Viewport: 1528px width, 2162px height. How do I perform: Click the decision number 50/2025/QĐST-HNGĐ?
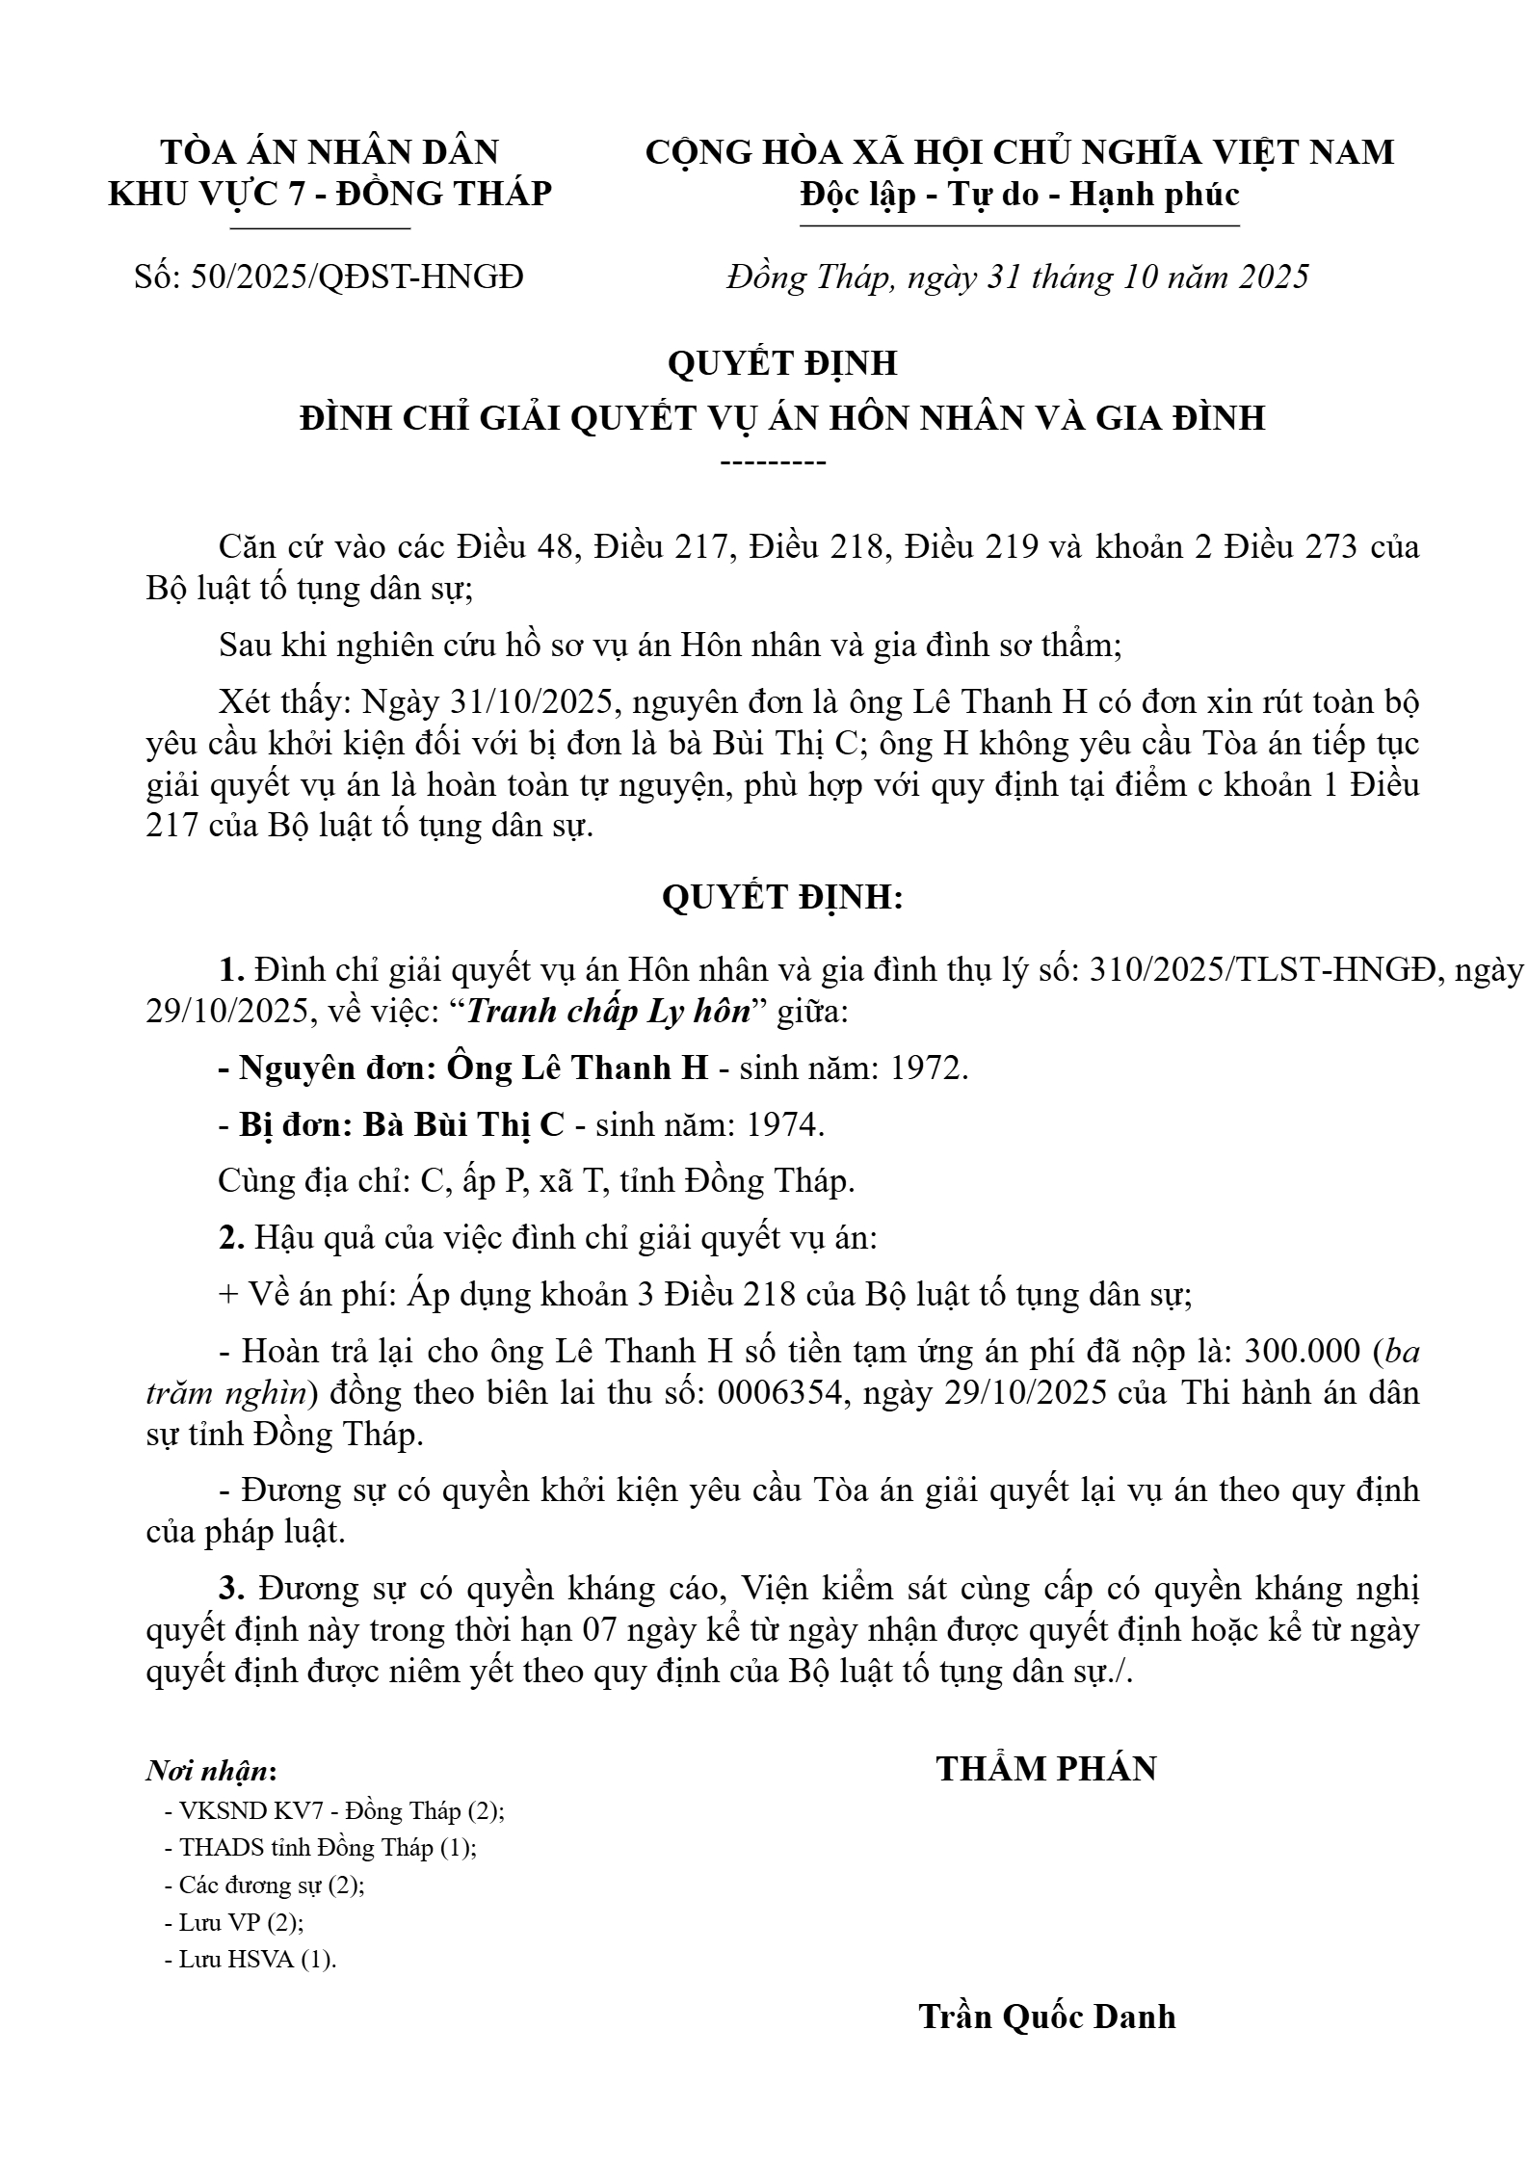[357, 277]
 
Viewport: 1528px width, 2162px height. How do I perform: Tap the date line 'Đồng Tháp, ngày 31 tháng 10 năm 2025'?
[1017, 277]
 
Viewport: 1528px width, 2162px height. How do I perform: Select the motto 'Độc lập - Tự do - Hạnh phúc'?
[1019, 196]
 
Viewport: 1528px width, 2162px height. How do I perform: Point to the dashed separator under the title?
[774, 463]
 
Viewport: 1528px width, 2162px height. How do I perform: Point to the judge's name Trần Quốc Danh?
[1047, 2017]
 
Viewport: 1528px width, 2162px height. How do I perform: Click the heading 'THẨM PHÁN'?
[1046, 1770]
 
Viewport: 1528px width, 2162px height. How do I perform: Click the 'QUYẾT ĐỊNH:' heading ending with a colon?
[782, 898]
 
